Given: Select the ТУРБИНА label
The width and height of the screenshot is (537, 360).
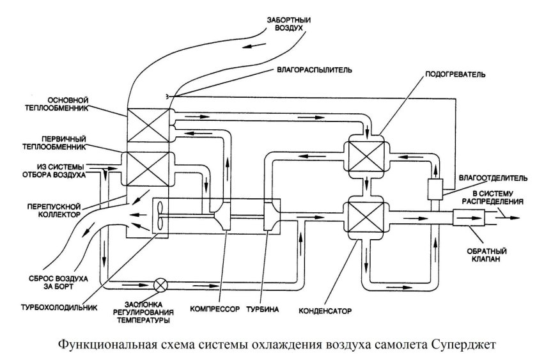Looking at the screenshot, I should click(x=261, y=308).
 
